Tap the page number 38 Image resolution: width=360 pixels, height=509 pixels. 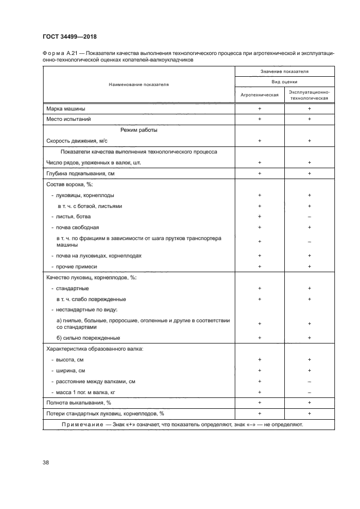[x=46, y=463]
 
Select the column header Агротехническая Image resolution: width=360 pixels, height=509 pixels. [x=259, y=94]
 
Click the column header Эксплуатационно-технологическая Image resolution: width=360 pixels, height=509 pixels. [x=309, y=94]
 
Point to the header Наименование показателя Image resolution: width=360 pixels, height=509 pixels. [x=138, y=84]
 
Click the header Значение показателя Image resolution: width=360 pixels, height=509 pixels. [x=284, y=71]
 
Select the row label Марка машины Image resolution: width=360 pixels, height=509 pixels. [x=66, y=108]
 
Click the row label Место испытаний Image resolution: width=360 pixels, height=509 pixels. [x=68, y=119]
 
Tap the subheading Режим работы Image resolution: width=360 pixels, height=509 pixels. [x=138, y=130]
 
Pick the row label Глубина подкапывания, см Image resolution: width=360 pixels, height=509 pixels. [x=81, y=173]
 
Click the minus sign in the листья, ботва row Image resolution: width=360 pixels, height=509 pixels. [x=309, y=216]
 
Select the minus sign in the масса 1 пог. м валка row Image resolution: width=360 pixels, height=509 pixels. [x=309, y=392]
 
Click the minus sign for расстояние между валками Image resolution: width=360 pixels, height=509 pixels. [x=309, y=381]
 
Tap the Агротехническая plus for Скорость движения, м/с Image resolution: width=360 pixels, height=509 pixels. [x=259, y=140]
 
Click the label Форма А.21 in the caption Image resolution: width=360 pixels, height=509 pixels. [x=59, y=54]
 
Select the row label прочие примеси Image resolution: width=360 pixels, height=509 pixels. [x=76, y=266]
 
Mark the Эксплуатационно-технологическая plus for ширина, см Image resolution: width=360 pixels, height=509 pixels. [x=309, y=370]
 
